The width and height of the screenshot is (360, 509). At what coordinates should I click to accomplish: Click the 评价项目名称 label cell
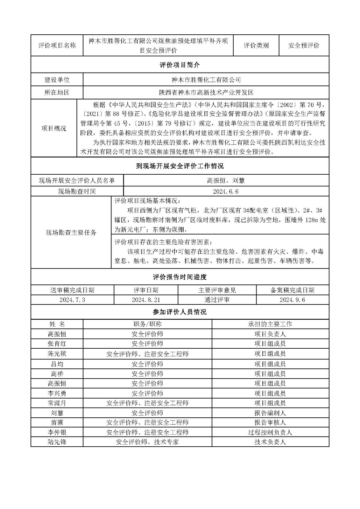[57, 45]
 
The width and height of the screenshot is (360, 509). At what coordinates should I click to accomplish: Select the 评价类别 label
[256, 45]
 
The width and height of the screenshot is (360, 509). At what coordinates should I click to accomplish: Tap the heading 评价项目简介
[180, 65]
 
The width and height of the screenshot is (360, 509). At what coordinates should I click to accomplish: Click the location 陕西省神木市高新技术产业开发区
[206, 93]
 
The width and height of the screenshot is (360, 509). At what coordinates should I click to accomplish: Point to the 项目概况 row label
[54, 128]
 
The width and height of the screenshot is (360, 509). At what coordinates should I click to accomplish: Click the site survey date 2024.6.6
[226, 191]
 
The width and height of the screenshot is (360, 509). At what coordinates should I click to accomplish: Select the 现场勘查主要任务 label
[71, 232]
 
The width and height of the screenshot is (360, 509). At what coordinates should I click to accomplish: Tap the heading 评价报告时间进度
[180, 277]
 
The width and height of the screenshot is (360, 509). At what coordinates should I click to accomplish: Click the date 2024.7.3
[72, 300]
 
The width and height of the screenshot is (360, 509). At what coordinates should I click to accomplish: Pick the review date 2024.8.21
[146, 300]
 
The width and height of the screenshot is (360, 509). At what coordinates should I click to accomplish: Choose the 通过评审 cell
[217, 300]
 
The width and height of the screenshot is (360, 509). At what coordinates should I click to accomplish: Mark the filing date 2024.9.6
[292, 300]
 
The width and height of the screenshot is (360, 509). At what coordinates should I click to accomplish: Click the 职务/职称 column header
[147, 324]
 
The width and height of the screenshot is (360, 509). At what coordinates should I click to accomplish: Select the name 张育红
[57, 344]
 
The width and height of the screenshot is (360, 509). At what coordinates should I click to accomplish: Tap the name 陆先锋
[57, 442]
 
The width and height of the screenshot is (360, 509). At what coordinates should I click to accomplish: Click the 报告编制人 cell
[270, 413]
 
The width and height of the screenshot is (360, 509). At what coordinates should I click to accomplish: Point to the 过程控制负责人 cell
[270, 432]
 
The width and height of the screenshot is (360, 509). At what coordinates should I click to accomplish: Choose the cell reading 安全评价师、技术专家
[147, 442]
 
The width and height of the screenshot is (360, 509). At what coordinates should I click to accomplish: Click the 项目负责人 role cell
[270, 334]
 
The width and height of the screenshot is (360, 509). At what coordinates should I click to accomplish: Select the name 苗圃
[57, 422]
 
